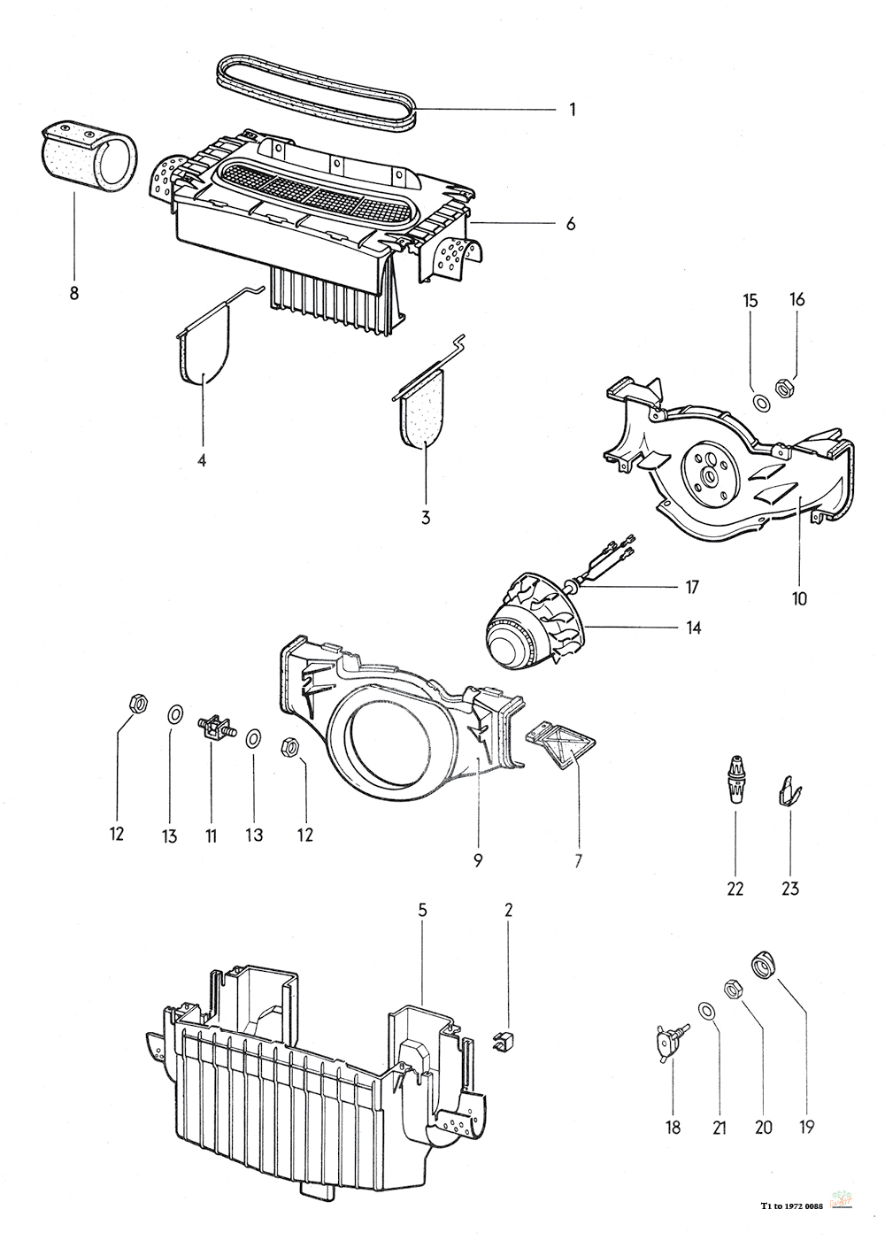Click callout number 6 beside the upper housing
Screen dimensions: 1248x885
point(571,224)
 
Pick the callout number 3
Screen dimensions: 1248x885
point(426,517)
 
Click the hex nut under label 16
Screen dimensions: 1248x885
point(782,387)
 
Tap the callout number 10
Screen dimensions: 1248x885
point(799,598)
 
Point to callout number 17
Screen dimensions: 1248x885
point(692,586)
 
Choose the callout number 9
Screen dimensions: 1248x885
point(478,859)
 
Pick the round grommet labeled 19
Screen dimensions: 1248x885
point(763,962)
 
